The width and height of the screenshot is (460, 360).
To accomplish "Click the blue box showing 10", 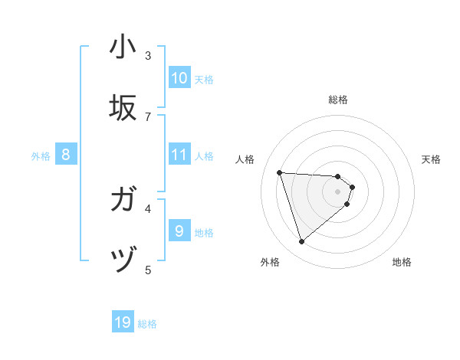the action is (x=179, y=78).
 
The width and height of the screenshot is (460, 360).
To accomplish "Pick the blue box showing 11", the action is (x=179, y=155).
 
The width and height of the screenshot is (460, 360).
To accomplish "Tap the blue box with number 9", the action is (x=179, y=231).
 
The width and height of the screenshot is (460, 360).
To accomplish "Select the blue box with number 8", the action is (x=66, y=155).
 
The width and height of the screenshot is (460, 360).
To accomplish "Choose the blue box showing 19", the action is (x=123, y=323).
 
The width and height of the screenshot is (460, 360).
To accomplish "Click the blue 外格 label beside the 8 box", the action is (x=41, y=156).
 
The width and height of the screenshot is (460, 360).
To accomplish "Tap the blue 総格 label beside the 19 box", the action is (x=147, y=324).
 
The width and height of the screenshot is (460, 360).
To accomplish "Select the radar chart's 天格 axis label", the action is (x=431, y=159).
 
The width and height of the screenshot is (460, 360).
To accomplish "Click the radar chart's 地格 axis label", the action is (x=402, y=262).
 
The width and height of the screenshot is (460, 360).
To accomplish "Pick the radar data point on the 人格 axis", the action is (x=279, y=172).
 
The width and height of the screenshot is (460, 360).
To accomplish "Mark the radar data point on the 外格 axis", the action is (x=301, y=242).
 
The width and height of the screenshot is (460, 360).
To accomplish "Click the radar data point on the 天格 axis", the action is (x=353, y=187).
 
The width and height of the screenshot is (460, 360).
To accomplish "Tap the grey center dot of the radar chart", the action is (x=338, y=191).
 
